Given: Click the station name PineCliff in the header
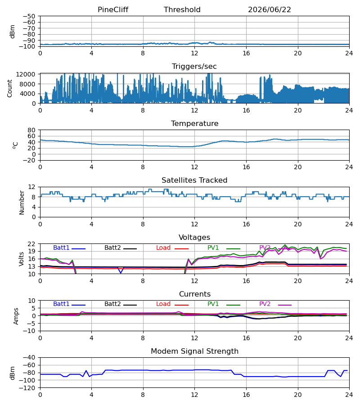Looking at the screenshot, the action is pos(113,9).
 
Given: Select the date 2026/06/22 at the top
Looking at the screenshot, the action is pos(270,9).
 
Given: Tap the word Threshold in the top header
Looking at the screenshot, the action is pos(182,9).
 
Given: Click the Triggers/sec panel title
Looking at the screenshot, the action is pos(194,67).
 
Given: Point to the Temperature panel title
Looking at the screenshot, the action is pos(194,123).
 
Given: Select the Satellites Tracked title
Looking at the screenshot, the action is pos(194,180).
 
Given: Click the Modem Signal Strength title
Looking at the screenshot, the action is pos(194,351).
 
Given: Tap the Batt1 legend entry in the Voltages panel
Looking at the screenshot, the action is pos(61,247).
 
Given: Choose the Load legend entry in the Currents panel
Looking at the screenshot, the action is pos(163,304).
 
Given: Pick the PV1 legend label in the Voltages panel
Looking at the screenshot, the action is pos(213,247).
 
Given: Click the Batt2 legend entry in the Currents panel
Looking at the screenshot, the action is pos(112,304).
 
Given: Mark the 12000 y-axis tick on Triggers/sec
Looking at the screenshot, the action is pos(26,74).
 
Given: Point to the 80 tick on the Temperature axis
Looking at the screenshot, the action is pos(31,130).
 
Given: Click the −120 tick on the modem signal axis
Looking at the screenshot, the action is pos(29,388).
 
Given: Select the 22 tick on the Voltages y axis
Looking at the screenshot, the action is pos(31,244).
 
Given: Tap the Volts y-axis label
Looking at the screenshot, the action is pos(21,259).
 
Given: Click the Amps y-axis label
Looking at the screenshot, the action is pos(16,316).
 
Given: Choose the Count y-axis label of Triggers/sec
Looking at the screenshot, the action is pos(9,88).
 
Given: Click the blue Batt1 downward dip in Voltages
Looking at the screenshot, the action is pos(121,270).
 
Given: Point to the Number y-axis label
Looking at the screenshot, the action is pos(22,202).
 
